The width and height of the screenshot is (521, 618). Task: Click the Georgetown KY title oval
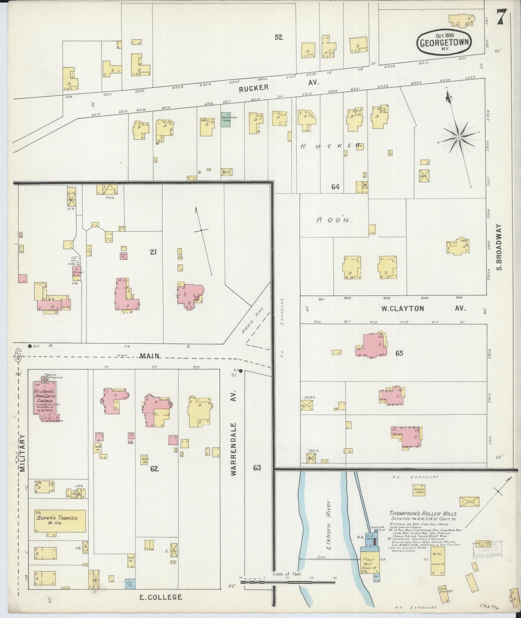point(444,43)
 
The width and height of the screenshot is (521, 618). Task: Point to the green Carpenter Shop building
point(226,119)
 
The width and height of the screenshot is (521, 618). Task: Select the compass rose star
point(458,137)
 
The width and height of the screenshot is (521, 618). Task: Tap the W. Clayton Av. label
point(423,309)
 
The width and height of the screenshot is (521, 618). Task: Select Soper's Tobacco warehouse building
point(60,521)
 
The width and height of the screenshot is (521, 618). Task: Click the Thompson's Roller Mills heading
point(423,513)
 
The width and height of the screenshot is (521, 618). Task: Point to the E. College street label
point(160,597)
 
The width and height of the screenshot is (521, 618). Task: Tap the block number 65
point(399,353)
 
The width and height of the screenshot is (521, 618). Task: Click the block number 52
point(278,37)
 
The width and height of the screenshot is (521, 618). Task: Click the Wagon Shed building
point(419,490)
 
